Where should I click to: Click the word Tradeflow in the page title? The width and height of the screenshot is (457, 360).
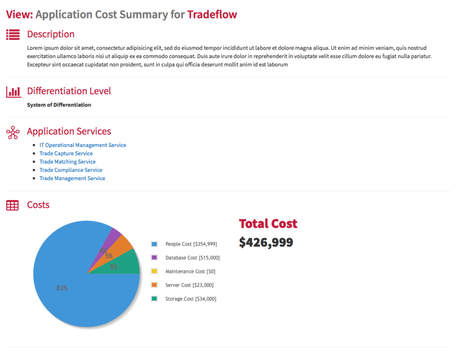pos(212,14)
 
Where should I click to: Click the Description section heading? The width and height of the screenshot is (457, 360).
pos(50,34)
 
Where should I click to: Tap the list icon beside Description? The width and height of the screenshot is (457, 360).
pos(13,34)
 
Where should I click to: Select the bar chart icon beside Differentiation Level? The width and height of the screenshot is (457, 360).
pos(13,91)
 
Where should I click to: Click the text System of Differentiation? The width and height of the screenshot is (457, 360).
pos(59,105)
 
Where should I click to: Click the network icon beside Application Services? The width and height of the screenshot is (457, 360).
pos(13,132)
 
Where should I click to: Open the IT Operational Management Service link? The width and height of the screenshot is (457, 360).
pos(82,145)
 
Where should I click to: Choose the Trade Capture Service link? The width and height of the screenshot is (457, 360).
pos(66,154)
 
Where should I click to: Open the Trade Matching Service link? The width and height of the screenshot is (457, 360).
pos(67,162)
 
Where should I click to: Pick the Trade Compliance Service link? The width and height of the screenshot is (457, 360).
pos(70,170)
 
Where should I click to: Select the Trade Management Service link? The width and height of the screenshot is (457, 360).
pos(72,178)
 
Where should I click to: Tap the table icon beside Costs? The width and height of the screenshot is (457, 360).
pos(12,205)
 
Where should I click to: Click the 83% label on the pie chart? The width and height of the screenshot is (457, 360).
pos(62,288)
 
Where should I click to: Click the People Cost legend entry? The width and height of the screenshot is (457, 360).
pos(190,244)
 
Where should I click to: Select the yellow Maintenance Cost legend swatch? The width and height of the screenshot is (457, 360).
pos(154,272)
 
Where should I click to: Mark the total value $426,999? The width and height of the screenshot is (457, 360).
pos(266,243)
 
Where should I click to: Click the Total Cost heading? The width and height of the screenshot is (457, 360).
pos(268,224)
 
